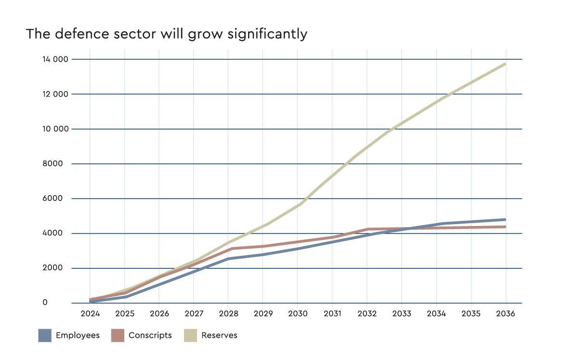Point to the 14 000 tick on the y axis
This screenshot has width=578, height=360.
pyautogui.click(x=56, y=59)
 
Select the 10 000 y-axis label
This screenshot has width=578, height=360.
pyautogui.click(x=56, y=129)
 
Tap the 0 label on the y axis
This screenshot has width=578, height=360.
pyautogui.click(x=59, y=303)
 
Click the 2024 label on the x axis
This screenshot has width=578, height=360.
pyautogui.click(x=90, y=314)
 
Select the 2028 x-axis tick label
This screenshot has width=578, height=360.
pyautogui.click(x=228, y=314)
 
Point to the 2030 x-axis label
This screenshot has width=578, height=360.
pyautogui.click(x=298, y=314)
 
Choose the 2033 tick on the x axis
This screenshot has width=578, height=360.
pyautogui.click(x=402, y=314)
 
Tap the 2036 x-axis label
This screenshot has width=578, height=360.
pyautogui.click(x=506, y=314)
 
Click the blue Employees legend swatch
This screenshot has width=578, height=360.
pyautogui.click(x=45, y=335)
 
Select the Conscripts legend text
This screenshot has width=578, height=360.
pyautogui.click(x=150, y=335)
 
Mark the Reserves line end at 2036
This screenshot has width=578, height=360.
pyautogui.click(x=505, y=64)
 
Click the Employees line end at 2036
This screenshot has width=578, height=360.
pyautogui.click(x=505, y=219)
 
